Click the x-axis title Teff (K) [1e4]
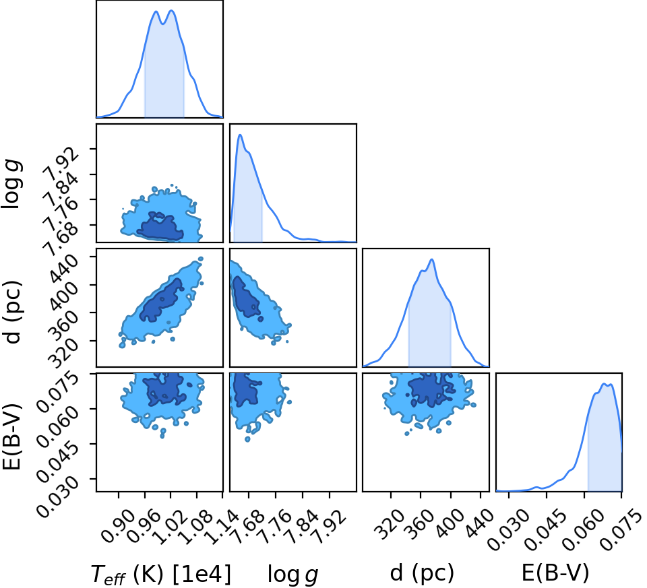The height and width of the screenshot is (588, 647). coord(160,574)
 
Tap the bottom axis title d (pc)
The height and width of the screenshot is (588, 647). coord(422,573)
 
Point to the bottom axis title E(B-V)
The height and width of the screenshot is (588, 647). coord(555,573)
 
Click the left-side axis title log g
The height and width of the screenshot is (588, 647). coord(11,185)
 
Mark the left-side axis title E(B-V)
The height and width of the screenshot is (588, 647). coord(11,436)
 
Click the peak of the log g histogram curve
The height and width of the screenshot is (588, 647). coord(240,135)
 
